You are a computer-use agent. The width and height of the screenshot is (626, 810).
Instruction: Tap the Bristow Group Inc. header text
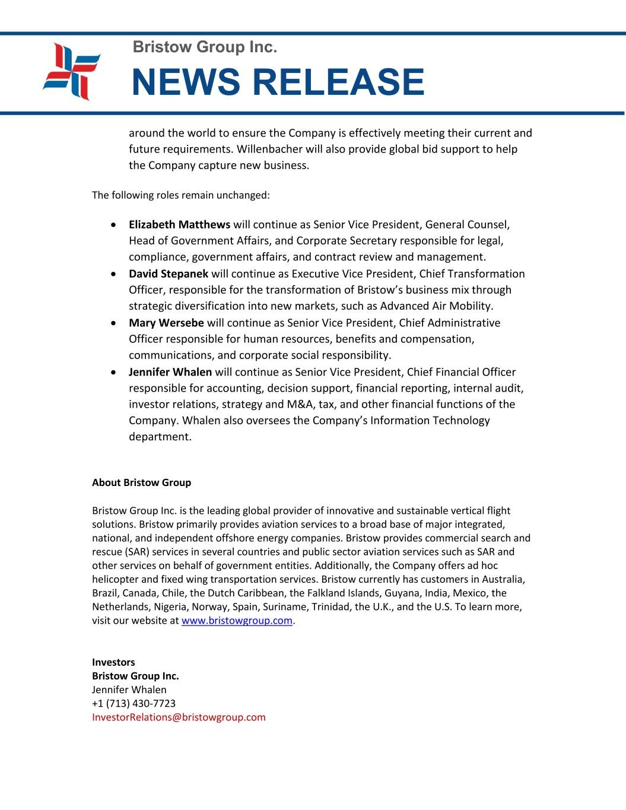coord(205,47)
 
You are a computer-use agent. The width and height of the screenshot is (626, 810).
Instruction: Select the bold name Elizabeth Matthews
coord(179,224)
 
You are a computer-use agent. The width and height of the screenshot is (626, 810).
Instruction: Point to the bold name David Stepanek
coord(169,274)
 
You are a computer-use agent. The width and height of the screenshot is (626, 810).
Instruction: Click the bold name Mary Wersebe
coord(166,323)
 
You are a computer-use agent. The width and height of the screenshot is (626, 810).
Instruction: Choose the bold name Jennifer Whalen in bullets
coord(170,372)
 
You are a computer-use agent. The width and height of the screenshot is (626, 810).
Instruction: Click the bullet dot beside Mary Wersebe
coord(113,323)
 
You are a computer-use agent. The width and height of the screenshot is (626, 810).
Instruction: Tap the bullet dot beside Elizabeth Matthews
coord(113,225)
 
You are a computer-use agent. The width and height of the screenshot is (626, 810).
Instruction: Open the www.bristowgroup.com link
coord(237,621)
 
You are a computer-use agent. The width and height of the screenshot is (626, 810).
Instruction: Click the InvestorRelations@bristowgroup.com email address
coord(179,717)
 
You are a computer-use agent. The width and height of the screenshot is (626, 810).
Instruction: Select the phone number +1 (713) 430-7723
coord(134,703)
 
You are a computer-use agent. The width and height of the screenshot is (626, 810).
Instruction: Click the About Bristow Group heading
coord(141,482)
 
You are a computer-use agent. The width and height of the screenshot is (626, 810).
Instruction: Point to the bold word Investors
coord(113,662)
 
